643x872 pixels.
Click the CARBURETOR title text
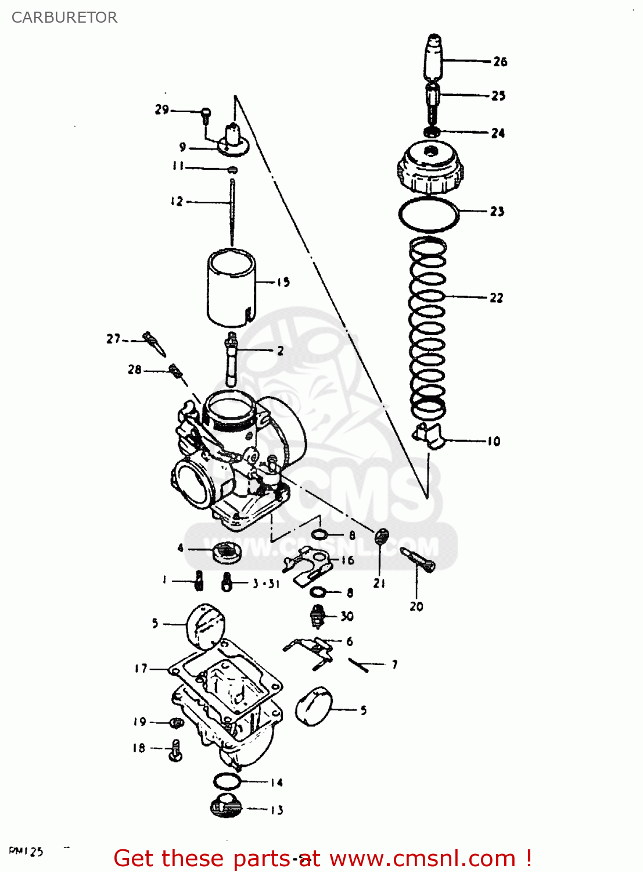[64, 17]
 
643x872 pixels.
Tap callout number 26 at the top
[500, 62]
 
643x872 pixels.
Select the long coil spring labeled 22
[428, 326]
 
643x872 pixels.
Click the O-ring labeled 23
[429, 215]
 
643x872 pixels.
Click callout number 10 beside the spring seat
[493, 441]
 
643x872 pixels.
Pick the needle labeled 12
[232, 212]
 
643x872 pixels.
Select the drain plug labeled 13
[226, 806]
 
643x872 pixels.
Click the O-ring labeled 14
[227, 781]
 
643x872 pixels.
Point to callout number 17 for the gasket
[141, 669]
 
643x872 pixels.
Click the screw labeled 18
[176, 750]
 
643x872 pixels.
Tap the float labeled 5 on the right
[312, 706]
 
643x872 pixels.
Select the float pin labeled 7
[359, 664]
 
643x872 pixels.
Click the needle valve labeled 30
[318, 616]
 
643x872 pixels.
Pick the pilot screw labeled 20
[418, 560]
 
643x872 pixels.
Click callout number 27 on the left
[113, 338]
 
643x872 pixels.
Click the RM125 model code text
[26, 852]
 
